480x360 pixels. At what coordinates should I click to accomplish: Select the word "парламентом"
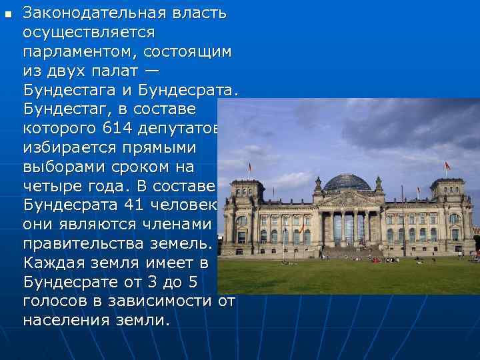coord(77,51)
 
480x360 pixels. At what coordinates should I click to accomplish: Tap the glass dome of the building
coord(347,182)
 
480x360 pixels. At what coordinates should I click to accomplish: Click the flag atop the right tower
coord(447,165)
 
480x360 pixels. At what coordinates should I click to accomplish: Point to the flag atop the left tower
coord(250,167)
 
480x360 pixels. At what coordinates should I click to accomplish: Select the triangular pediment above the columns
coord(350,198)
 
